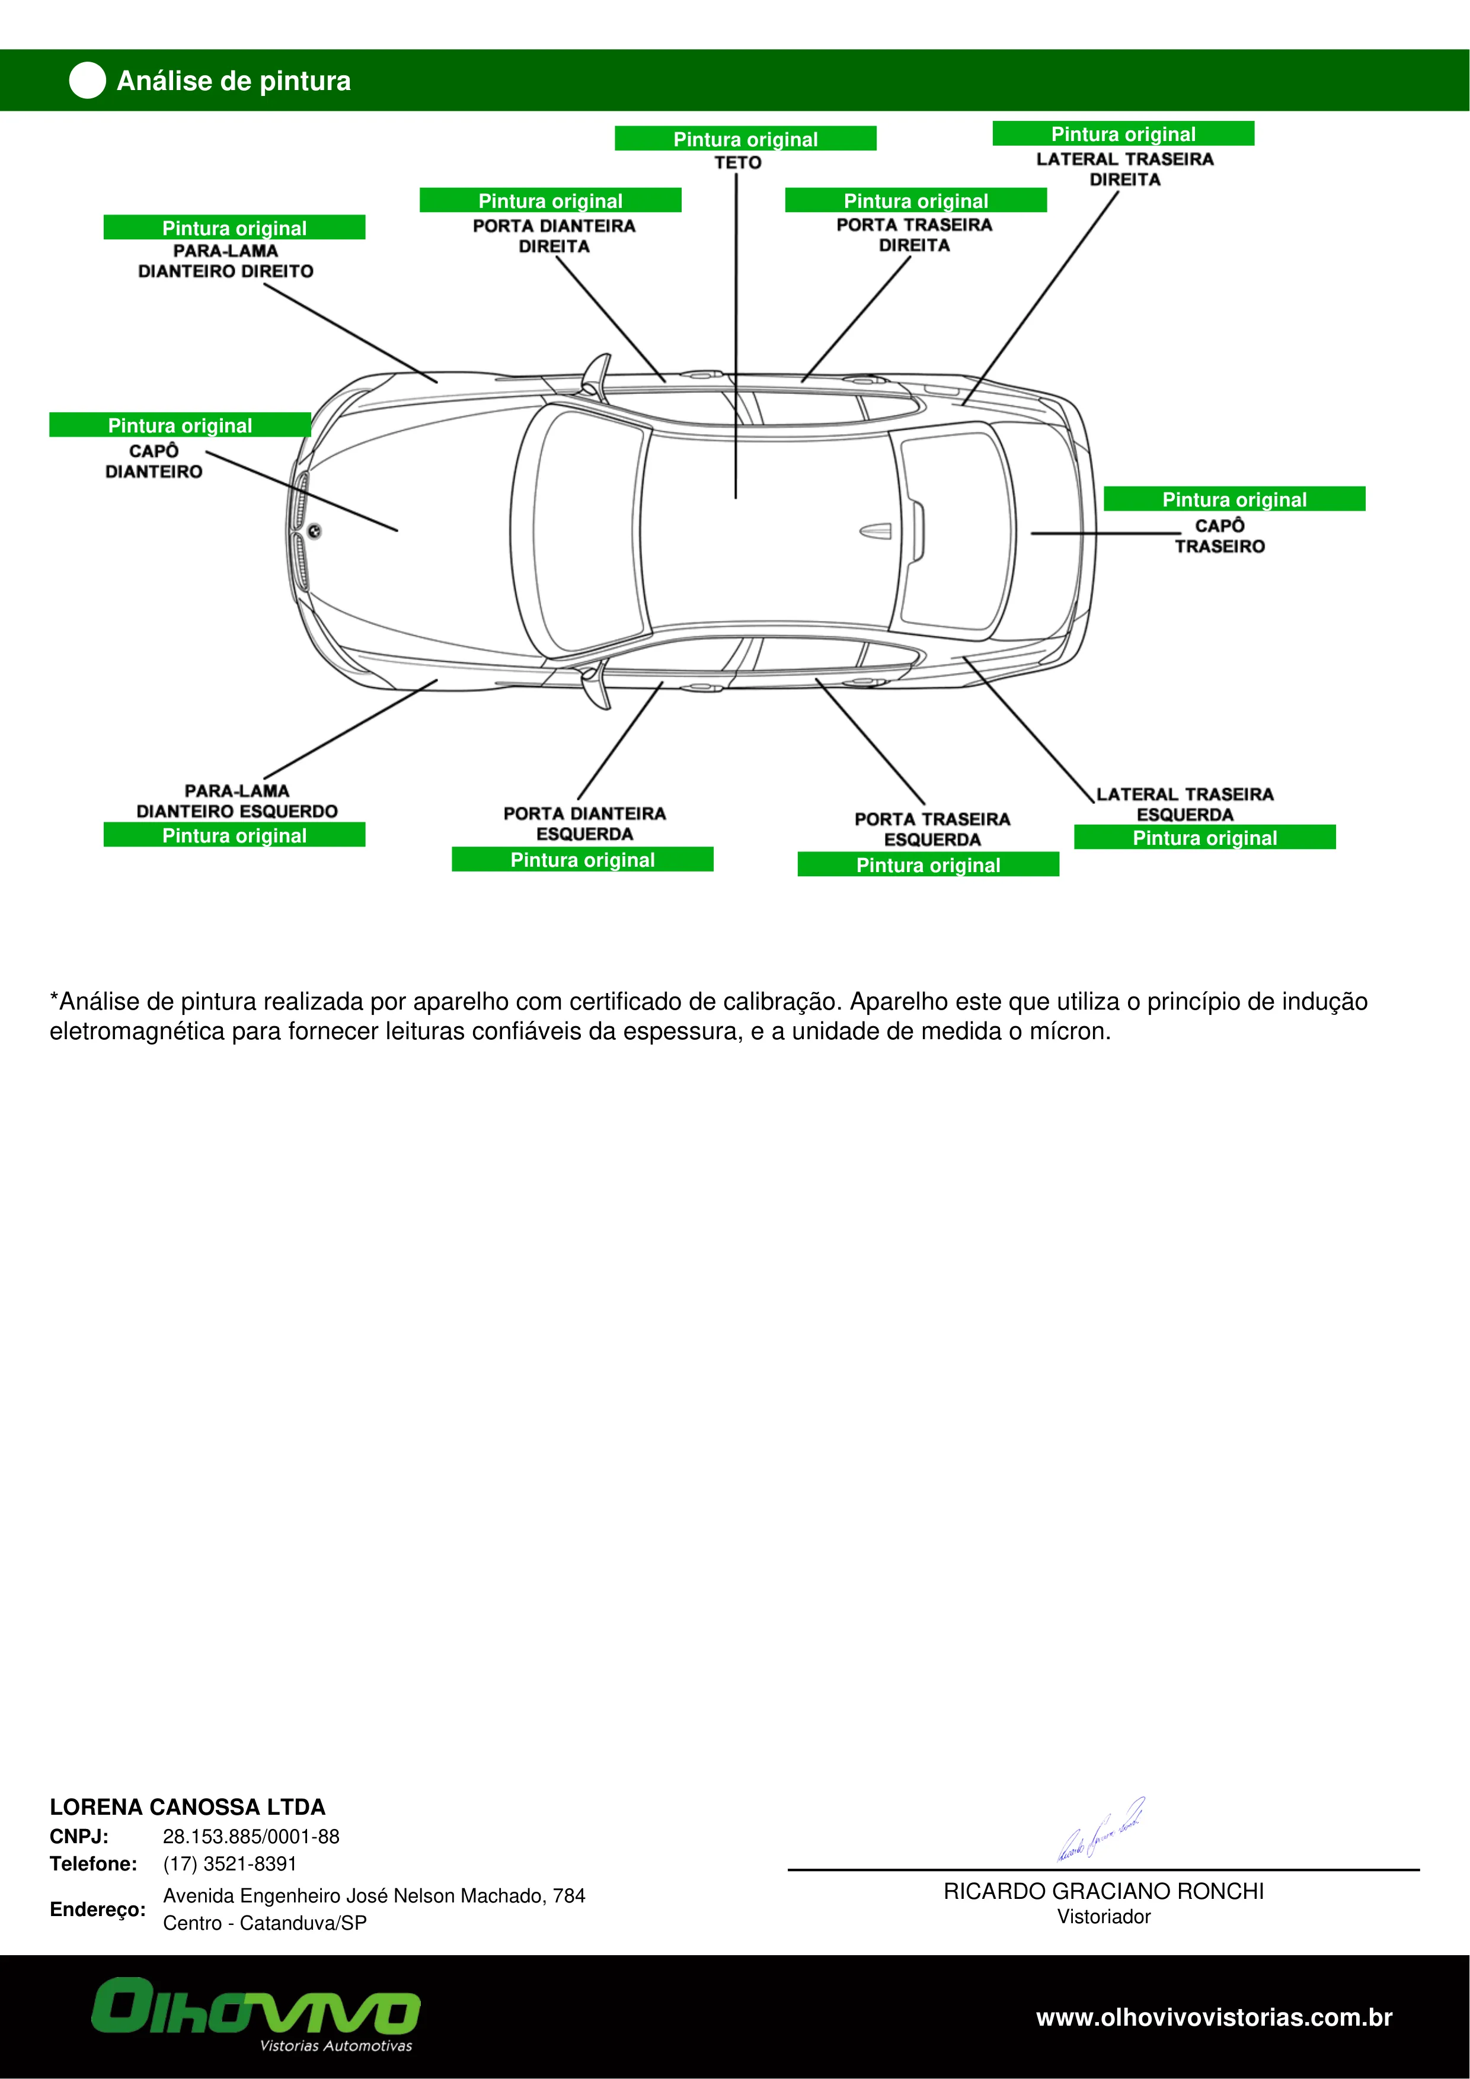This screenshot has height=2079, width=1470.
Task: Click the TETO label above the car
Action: pyautogui.click(x=737, y=163)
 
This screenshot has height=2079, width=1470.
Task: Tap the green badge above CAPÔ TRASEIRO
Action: pyautogui.click(x=1233, y=499)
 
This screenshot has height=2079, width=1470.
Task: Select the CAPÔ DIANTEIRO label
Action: pyautogui.click(x=154, y=461)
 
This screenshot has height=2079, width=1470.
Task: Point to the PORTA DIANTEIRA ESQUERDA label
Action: pyautogui.click(x=584, y=823)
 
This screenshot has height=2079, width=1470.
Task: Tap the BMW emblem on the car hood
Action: pyautogui.click(x=314, y=531)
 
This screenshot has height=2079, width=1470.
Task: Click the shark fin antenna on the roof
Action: pyautogui.click(x=876, y=531)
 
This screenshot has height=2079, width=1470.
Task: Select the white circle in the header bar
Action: pyautogui.click(x=87, y=81)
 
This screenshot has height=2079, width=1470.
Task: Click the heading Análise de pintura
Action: pyautogui.click(x=234, y=81)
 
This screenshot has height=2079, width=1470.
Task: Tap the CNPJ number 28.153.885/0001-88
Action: pyautogui.click(x=251, y=1836)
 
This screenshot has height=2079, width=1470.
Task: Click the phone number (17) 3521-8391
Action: pyautogui.click(x=230, y=1863)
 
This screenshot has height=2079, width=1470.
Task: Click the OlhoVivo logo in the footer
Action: pyautogui.click(x=255, y=2019)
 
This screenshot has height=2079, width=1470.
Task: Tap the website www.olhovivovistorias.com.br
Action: pyautogui.click(x=1214, y=2017)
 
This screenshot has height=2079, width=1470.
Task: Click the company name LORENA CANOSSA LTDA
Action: pyautogui.click(x=187, y=1808)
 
